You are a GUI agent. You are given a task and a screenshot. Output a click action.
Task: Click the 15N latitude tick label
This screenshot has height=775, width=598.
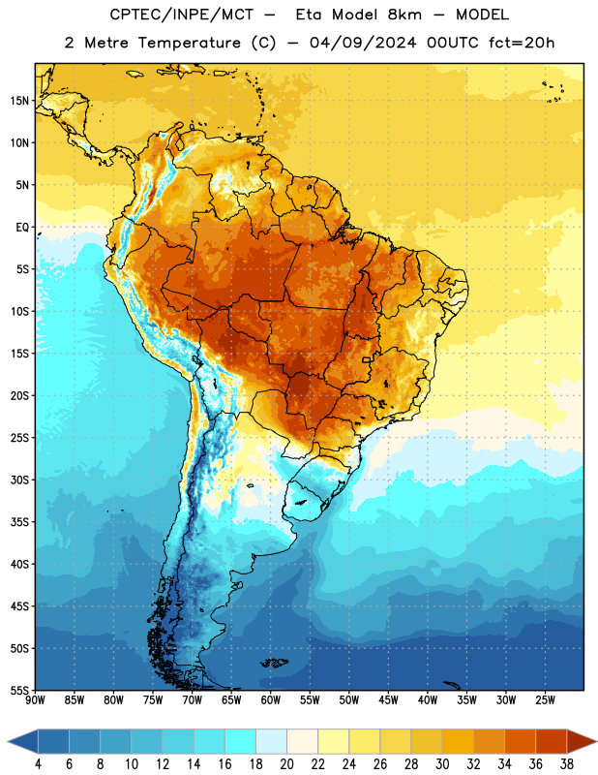[x=19, y=101]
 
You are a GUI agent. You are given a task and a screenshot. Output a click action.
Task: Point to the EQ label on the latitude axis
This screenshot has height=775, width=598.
[x=22, y=228]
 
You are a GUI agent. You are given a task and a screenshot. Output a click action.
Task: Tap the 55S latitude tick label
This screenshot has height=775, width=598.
[x=19, y=691]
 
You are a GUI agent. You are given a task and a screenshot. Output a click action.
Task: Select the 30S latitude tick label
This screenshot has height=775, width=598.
[x=19, y=480]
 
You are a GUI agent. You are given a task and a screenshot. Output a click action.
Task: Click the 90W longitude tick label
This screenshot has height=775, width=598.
[x=35, y=700]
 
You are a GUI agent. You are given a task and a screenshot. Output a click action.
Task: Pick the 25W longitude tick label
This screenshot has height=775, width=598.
[x=545, y=700]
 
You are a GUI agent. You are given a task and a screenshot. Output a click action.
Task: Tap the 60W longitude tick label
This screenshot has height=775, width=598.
[x=271, y=700]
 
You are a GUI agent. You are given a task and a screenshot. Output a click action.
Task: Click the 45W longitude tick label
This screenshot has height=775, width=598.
[x=388, y=700]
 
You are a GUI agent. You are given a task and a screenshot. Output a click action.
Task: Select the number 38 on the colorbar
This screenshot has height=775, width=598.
[x=567, y=764]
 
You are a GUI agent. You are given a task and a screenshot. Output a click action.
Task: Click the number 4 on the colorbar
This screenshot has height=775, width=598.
[x=38, y=764]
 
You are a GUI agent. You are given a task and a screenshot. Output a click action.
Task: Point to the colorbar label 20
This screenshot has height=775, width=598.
[x=286, y=764]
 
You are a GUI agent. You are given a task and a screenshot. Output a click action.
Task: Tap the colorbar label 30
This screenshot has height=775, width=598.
[x=442, y=764]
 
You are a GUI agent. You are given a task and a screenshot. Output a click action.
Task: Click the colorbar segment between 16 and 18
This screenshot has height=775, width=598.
[x=241, y=742]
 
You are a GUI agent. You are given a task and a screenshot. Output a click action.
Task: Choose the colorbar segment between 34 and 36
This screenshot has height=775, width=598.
[x=521, y=742]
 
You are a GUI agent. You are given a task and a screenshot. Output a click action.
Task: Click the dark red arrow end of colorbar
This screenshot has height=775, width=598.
[x=582, y=742]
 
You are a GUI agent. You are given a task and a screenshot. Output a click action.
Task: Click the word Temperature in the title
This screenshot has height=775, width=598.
[x=190, y=43]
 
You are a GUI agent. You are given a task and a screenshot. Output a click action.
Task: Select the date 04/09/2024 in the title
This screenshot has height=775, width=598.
[x=363, y=43]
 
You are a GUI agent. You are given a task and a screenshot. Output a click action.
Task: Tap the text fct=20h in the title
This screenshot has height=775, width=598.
[x=522, y=43]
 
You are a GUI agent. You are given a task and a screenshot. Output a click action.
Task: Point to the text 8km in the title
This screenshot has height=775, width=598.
[x=404, y=15]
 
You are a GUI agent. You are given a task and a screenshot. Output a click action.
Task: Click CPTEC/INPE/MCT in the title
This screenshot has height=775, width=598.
[x=181, y=15]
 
